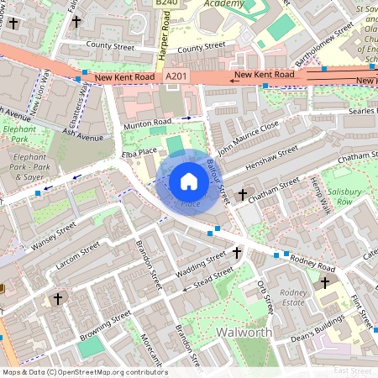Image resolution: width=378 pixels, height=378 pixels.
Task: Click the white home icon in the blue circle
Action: click(x=189, y=181)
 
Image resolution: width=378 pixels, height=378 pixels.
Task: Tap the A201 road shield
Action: click(x=175, y=76)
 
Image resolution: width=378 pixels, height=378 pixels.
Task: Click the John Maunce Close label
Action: click(x=248, y=136)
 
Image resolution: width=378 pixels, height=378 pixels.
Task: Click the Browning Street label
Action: click(x=105, y=329)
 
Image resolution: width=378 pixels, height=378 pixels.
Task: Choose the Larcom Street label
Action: click(x=77, y=253)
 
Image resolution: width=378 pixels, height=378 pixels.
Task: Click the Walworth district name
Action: click(x=243, y=333)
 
